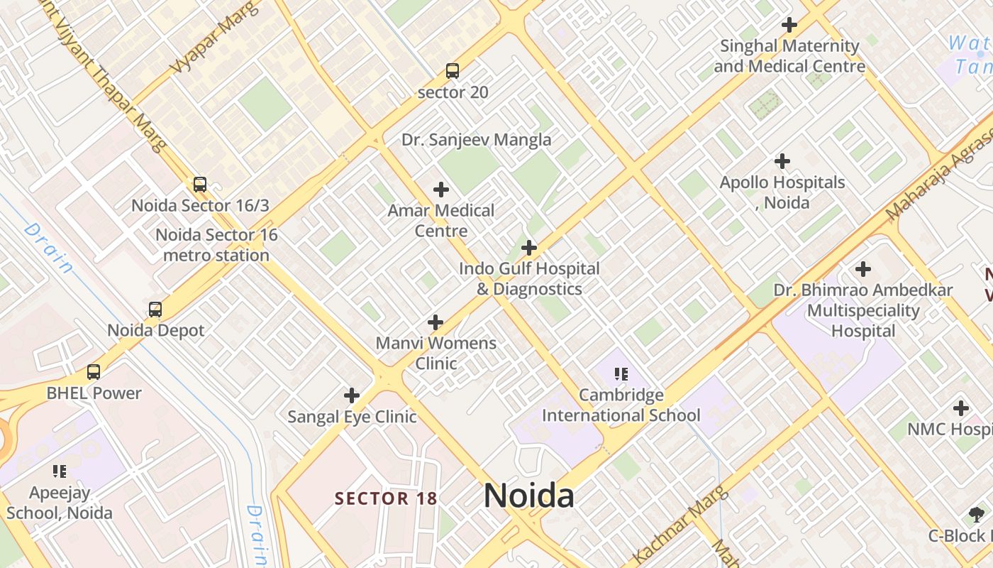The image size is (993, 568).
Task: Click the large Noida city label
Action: (528, 496)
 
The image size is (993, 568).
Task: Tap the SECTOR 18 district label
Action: (386, 498)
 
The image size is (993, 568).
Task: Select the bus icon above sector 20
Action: (453, 71)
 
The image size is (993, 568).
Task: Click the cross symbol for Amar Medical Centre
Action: (441, 190)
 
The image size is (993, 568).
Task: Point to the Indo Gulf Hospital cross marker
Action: (528, 248)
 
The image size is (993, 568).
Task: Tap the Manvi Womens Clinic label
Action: (436, 353)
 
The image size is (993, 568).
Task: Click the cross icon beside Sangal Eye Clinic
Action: (351, 395)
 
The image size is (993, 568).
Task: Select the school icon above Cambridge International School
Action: (621, 373)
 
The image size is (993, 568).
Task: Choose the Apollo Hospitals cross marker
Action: (782, 161)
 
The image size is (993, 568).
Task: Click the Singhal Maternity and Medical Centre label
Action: (789, 56)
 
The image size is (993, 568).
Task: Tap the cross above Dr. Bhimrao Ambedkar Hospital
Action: (863, 269)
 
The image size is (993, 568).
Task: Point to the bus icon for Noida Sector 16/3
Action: (200, 185)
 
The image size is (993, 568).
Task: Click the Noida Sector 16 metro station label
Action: (216, 245)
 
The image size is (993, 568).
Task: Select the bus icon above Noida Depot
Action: (155, 310)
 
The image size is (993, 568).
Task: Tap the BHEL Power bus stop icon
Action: (94, 372)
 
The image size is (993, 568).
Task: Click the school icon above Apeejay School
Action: (60, 471)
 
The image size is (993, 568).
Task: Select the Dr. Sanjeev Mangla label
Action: (476, 140)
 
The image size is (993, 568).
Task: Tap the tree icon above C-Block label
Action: (976, 515)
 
